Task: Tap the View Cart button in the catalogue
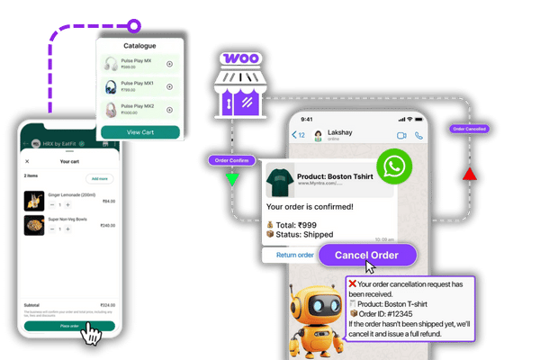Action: [139, 131]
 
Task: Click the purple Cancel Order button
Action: [366, 255]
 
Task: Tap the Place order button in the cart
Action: [69, 327]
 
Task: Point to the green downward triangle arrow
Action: [232, 179]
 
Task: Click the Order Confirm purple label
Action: [229, 160]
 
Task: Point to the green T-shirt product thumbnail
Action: [282, 181]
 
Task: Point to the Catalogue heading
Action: [139, 44]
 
